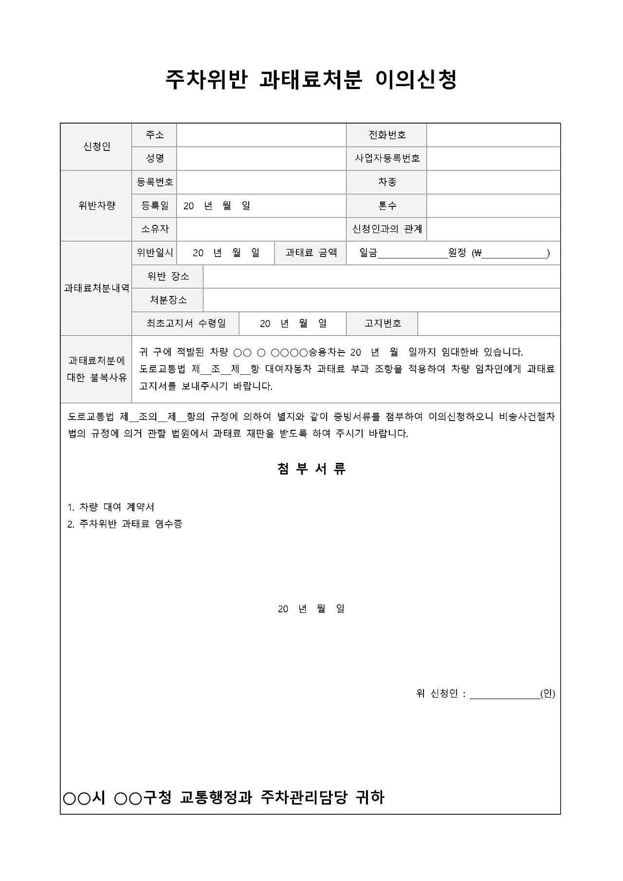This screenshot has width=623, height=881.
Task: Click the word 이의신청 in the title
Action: point(416,79)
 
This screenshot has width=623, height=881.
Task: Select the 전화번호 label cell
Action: point(387,135)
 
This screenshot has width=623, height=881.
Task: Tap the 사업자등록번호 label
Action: point(387,158)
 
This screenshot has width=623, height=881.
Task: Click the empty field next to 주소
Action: point(261,135)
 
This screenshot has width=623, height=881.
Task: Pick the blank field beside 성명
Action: point(261,158)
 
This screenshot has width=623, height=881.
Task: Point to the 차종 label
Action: point(387,182)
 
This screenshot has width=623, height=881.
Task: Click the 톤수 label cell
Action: point(387,205)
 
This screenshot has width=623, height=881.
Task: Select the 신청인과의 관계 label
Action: point(387,229)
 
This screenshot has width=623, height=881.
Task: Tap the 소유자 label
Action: point(155,229)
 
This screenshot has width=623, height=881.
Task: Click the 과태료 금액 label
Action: point(311,253)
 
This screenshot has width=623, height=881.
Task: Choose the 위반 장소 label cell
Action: point(168,276)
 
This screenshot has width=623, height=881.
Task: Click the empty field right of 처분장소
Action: point(381,300)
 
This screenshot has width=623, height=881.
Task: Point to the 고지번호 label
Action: point(383,323)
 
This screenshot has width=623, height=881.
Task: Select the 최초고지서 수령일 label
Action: point(186,323)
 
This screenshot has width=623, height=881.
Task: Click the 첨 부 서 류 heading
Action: point(311,469)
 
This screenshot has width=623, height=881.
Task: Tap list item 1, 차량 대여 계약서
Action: point(111,507)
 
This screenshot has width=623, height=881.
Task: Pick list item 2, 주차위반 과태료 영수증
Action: point(125,524)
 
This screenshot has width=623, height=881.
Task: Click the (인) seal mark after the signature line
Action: point(548,694)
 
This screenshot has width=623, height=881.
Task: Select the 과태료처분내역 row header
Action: point(96,288)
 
